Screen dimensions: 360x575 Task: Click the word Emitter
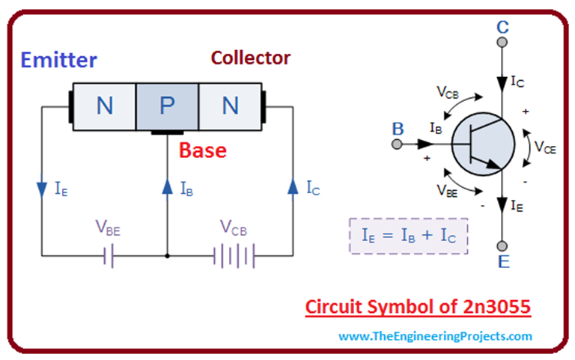(59, 59)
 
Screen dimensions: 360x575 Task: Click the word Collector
(250, 57)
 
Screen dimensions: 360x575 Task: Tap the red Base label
(202, 150)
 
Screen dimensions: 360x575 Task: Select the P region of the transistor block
(167, 107)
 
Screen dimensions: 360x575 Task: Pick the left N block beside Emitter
(104, 107)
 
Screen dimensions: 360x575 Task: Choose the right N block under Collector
(230, 107)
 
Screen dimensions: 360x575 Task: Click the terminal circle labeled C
(502, 46)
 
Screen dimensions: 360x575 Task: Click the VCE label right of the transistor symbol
(544, 147)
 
